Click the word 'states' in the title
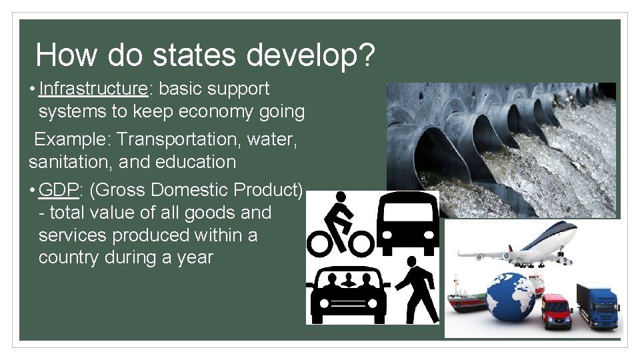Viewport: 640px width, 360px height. [x=194, y=55]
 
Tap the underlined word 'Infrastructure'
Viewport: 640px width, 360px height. [x=93, y=89]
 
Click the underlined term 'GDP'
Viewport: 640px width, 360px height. [x=59, y=190]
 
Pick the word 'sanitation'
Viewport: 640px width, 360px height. [x=66, y=162]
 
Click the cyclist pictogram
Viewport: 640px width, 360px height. [x=340, y=225]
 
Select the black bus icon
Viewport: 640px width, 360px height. [x=407, y=225]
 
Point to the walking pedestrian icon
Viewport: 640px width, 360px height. [x=417, y=290]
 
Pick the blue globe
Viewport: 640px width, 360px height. [x=510, y=297]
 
